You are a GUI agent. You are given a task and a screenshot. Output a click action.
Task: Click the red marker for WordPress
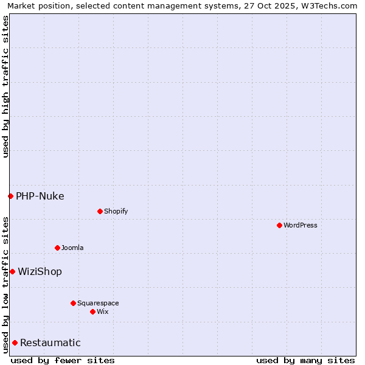279,225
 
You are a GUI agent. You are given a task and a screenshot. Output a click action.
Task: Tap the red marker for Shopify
100,211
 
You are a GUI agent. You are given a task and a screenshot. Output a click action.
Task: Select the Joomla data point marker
57,248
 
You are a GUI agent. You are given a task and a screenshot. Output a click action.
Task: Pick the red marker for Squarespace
73,303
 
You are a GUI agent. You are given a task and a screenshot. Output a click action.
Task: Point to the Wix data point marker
92,311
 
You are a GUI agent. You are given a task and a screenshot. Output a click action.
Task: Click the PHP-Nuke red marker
10,196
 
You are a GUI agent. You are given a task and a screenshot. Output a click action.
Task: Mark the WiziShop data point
12,271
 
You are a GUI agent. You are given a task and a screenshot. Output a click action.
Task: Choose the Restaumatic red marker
15,342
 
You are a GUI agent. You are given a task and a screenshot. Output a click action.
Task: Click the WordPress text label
301,225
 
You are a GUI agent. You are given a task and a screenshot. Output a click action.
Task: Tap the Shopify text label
116,211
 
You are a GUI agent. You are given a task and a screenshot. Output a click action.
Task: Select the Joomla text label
72,248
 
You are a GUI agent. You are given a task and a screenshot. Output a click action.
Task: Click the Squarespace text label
98,303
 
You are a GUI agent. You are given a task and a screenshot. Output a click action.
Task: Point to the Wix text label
102,311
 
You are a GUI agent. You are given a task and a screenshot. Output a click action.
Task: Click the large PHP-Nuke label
40,196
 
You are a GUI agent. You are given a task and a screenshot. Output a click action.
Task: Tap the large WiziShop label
40,271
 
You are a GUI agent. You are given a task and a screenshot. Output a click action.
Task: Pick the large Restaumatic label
50,342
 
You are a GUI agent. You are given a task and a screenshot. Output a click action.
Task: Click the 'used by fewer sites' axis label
63,360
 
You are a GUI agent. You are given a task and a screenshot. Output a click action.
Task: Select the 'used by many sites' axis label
305,360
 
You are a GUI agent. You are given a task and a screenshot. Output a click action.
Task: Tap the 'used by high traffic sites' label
6,86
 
